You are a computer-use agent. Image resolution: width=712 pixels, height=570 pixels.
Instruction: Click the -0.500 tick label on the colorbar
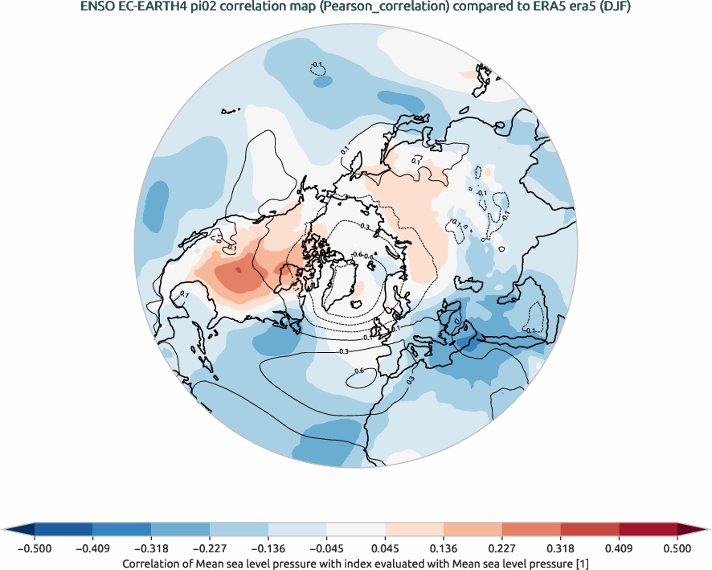tap(35, 548)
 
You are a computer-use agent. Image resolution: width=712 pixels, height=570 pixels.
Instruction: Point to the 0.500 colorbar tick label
tap(677, 548)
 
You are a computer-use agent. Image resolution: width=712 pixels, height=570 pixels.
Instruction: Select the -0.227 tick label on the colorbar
tap(210, 548)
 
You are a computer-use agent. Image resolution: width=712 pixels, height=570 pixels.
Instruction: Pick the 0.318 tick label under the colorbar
tap(560, 548)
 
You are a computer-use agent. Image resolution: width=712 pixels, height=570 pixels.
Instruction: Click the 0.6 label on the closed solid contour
tap(359, 371)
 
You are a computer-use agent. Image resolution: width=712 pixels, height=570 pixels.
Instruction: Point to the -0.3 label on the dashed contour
tap(363, 228)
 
